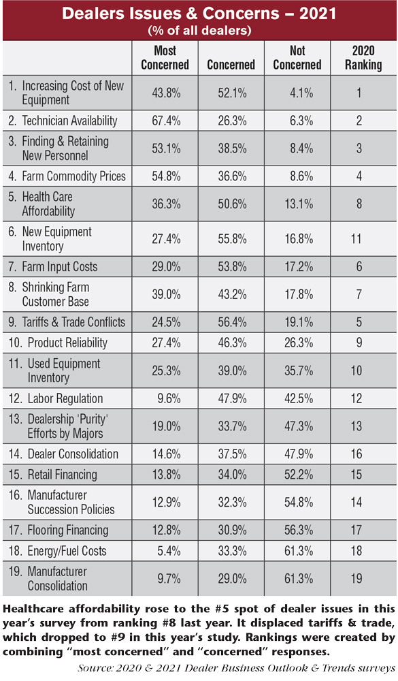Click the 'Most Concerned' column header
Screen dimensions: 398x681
tap(165, 58)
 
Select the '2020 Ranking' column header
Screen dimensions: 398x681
tap(363, 58)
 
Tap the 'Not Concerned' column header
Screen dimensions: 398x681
tap(297, 58)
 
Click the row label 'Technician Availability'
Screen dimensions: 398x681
tap(69, 121)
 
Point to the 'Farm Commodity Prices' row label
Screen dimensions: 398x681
tap(73, 176)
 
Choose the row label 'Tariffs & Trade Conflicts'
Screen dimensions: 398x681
tap(73, 322)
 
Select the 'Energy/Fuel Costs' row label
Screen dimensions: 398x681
tap(67, 551)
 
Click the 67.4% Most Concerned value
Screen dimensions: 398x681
tap(166, 121)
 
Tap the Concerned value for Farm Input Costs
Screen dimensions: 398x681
tap(232, 267)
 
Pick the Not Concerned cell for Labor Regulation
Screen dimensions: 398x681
tap(299, 398)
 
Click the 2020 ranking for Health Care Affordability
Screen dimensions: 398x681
tap(359, 204)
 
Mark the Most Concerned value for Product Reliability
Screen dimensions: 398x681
tap(166, 343)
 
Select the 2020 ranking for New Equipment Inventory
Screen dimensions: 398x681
tap(356, 238)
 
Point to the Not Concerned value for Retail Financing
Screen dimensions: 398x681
tap(299, 475)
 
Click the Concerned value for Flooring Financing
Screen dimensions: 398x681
tap(232, 530)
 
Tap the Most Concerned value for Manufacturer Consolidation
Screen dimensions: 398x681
tap(169, 578)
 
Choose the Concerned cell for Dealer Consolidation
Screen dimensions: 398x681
tap(232, 454)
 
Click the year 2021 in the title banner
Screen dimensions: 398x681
tap(318, 14)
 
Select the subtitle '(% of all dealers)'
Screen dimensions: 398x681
tap(199, 31)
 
